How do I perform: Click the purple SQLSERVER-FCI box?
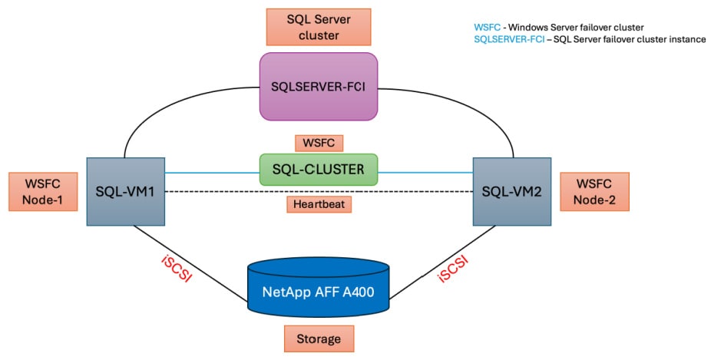(x=319, y=86)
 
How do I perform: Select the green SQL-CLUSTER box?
(x=319, y=170)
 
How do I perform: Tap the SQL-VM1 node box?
(x=125, y=191)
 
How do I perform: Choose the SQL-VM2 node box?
(x=511, y=191)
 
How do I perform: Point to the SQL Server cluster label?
(x=318, y=27)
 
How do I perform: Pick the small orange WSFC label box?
(x=319, y=143)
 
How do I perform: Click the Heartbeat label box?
(x=319, y=204)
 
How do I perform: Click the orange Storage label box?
(x=319, y=338)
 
